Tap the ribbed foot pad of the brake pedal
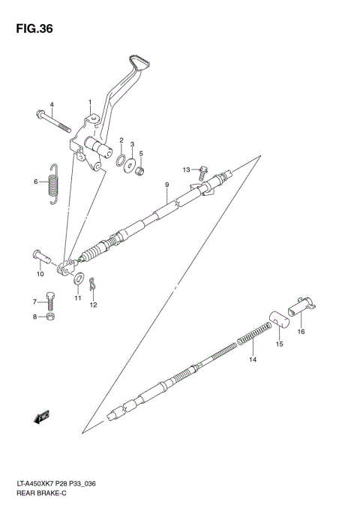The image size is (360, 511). (139, 64)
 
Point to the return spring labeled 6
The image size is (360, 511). (51, 182)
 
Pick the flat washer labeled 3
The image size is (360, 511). (131, 163)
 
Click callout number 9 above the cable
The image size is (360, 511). (167, 185)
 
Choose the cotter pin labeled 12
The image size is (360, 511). (92, 285)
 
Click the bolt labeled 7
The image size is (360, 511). (51, 301)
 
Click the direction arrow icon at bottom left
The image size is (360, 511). (41, 416)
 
